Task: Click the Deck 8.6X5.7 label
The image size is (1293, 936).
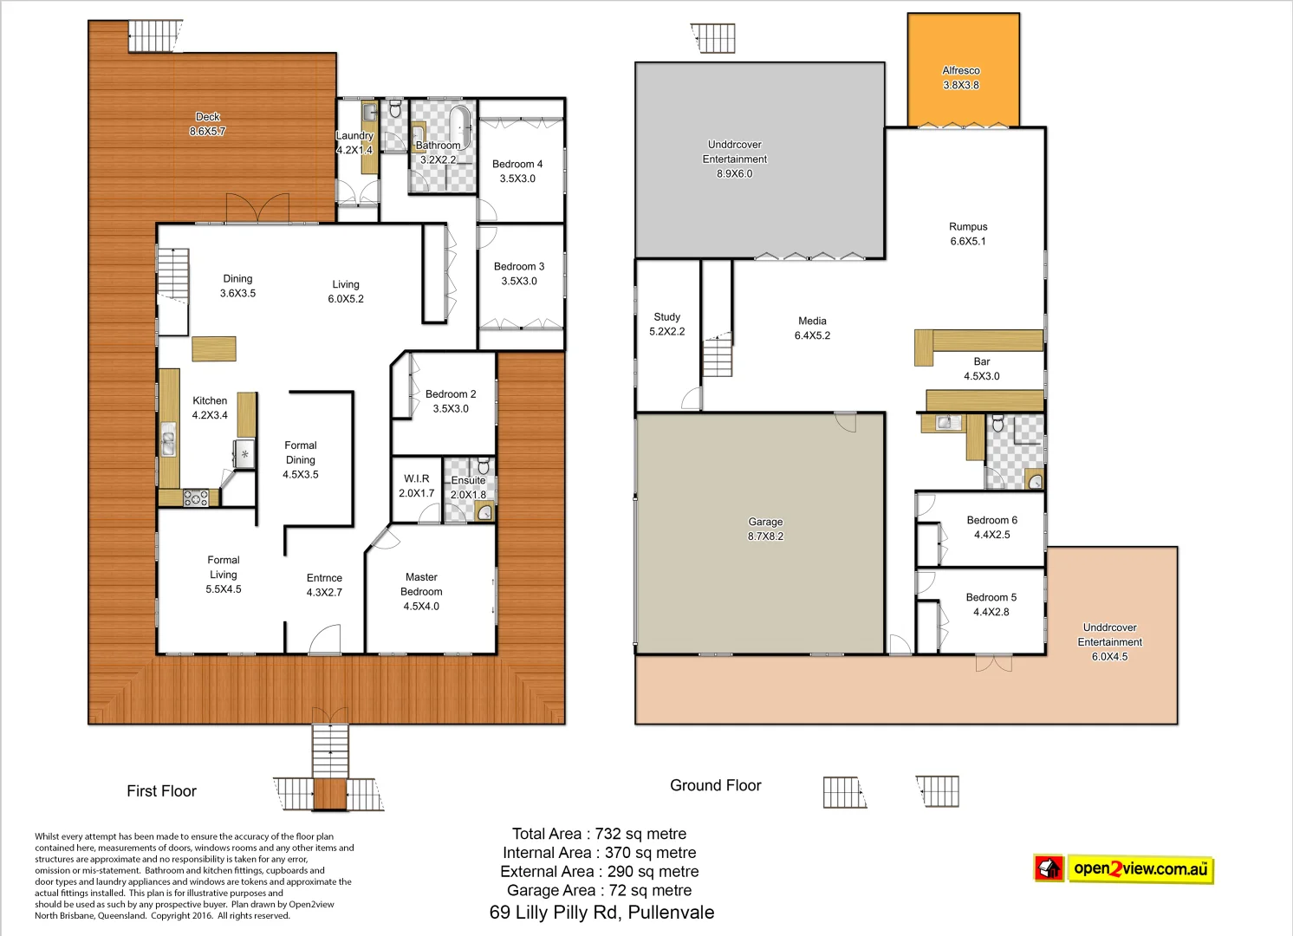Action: coord(207,124)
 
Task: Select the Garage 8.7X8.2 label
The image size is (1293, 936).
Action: coord(765,529)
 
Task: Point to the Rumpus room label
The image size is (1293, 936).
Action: coord(967,234)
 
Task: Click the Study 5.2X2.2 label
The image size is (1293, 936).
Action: coord(666,324)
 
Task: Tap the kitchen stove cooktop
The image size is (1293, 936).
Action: coord(196,498)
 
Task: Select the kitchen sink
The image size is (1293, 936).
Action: coord(168,442)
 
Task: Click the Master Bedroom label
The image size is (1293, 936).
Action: coord(421,591)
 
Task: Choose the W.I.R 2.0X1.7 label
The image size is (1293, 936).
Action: coord(416,485)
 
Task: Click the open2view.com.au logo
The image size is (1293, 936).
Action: coord(1124,868)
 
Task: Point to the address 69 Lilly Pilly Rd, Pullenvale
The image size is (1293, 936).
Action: coord(601,913)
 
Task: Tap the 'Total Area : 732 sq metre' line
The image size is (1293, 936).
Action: coord(599,834)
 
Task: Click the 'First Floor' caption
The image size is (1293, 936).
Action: coord(161,791)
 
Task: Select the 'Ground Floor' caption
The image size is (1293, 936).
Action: coord(715,785)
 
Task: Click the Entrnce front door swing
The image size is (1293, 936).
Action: coord(325,640)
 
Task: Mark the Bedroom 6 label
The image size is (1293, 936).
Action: coord(991,527)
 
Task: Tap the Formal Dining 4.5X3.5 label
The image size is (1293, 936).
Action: coord(300,459)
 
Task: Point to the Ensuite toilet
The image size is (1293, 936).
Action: coord(484,466)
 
